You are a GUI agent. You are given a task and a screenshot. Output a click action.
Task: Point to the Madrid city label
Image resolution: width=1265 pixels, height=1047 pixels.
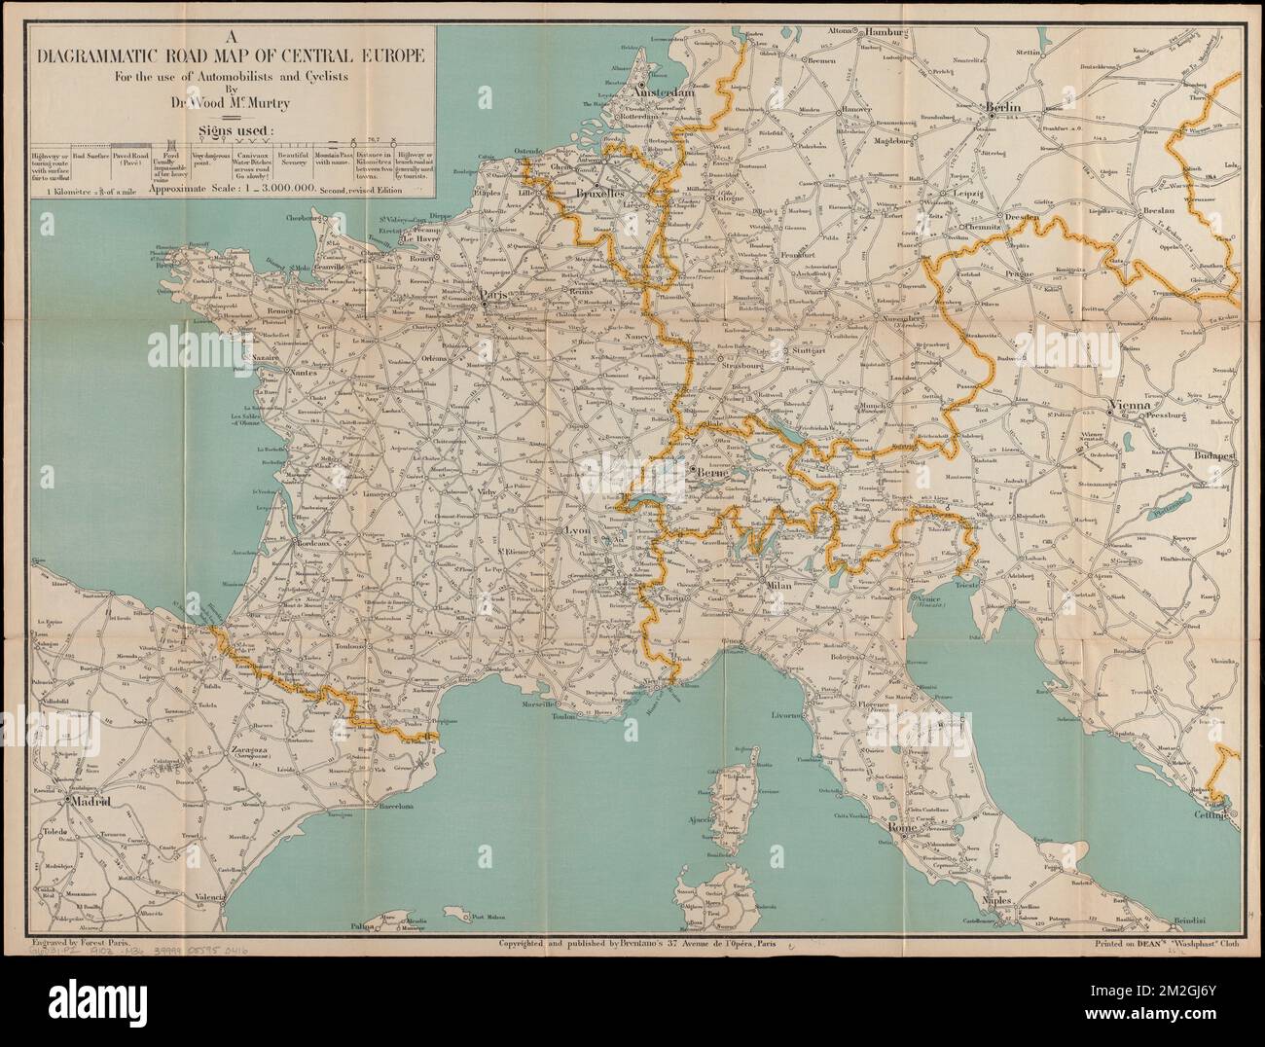pos(90,803)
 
